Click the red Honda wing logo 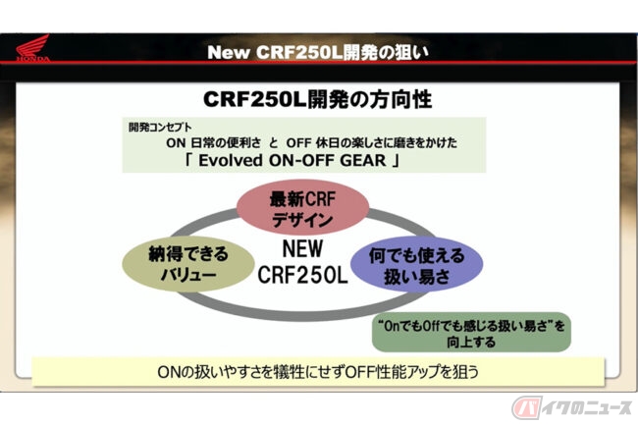33,48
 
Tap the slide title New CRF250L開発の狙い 318,52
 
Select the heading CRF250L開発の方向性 317,100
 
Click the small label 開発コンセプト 160,128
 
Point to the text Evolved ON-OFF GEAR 292,160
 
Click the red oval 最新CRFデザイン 302,207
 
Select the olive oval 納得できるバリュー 188,264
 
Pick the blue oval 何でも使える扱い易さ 416,265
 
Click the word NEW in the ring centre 302,248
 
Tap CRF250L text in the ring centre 302,275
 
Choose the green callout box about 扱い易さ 471,333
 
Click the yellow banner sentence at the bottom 318,372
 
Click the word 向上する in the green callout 471,342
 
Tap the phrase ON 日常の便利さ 214,142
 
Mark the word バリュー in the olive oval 188,275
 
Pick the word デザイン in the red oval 302,220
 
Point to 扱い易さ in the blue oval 417,277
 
